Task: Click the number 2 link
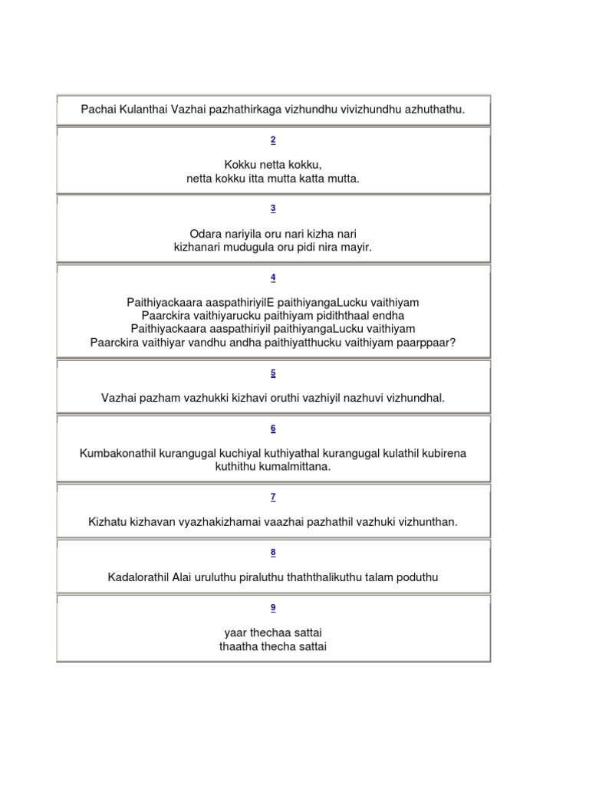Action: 273,140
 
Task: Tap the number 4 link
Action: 273,278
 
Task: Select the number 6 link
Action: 273,429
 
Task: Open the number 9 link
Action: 273,608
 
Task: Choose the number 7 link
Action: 273,497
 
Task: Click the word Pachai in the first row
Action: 98,110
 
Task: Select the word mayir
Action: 356,247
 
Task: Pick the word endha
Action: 388,315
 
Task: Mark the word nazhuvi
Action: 367,398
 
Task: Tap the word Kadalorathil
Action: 143,576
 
